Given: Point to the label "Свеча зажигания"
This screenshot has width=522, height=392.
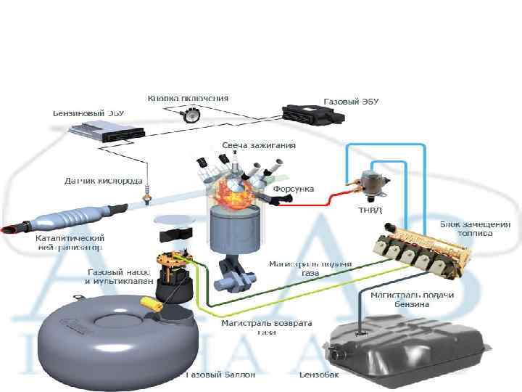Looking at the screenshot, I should [x=259, y=145].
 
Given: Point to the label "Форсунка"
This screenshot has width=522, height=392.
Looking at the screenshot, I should [x=293, y=189].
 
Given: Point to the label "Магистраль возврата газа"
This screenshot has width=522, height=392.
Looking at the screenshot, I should [x=266, y=327].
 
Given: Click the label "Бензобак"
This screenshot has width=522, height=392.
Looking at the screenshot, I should [x=320, y=376].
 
